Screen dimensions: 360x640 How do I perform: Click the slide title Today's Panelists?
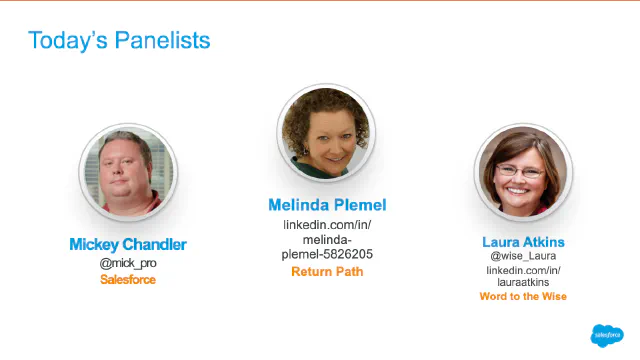(119, 40)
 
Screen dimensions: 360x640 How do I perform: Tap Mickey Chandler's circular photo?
(127, 172)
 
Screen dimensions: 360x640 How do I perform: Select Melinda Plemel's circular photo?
(325, 132)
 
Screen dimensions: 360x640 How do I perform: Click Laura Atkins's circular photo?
(522, 174)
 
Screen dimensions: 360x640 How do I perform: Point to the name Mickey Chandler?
(127, 244)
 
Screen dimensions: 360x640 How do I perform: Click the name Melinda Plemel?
(327, 205)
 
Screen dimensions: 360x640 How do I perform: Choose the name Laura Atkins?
(523, 242)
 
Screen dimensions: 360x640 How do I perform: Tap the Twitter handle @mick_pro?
(127, 263)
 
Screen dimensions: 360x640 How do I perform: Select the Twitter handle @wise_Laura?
(523, 256)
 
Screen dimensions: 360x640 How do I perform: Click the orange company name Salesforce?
(127, 280)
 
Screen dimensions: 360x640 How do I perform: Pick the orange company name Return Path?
(327, 271)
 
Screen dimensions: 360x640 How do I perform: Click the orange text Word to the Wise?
(523, 297)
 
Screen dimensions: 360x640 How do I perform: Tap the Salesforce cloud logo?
(607, 335)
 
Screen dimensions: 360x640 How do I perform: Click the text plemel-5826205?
(327, 254)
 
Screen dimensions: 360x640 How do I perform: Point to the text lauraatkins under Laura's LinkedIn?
(523, 283)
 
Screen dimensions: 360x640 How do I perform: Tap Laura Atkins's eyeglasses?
(520, 171)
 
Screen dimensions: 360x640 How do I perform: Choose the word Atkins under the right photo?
(544, 242)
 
